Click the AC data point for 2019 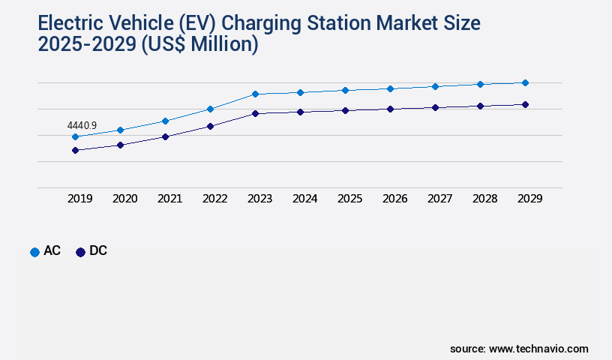pyautogui.click(x=75, y=136)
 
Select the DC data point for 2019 pyautogui.click(x=75, y=150)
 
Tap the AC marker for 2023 pyautogui.click(x=255, y=94)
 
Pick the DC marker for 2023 pyautogui.click(x=255, y=113)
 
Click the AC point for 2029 pyautogui.click(x=525, y=82)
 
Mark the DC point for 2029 pyautogui.click(x=525, y=104)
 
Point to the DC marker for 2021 pyautogui.click(x=165, y=136)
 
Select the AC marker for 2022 pyautogui.click(x=210, y=109)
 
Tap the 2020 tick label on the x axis pyautogui.click(x=124, y=199)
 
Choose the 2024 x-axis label pyautogui.click(x=304, y=199)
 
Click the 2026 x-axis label pyautogui.click(x=394, y=199)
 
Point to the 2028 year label pyautogui.click(x=484, y=199)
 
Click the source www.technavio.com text pyautogui.click(x=519, y=349)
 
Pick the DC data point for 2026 pyautogui.click(x=390, y=109)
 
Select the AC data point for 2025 pyautogui.click(x=345, y=90)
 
